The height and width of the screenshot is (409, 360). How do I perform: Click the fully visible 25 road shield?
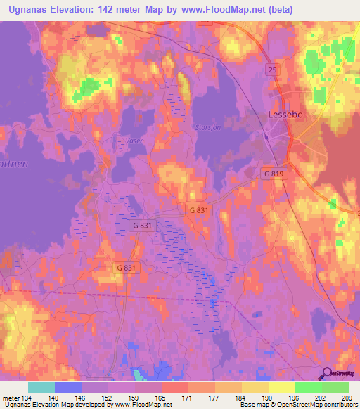(272, 70)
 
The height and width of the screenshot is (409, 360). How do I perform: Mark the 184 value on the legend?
(243, 398)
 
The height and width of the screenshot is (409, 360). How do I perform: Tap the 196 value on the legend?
(295, 398)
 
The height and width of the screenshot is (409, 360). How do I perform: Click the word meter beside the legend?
(11, 398)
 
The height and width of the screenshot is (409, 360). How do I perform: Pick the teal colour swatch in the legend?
(41, 387)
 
